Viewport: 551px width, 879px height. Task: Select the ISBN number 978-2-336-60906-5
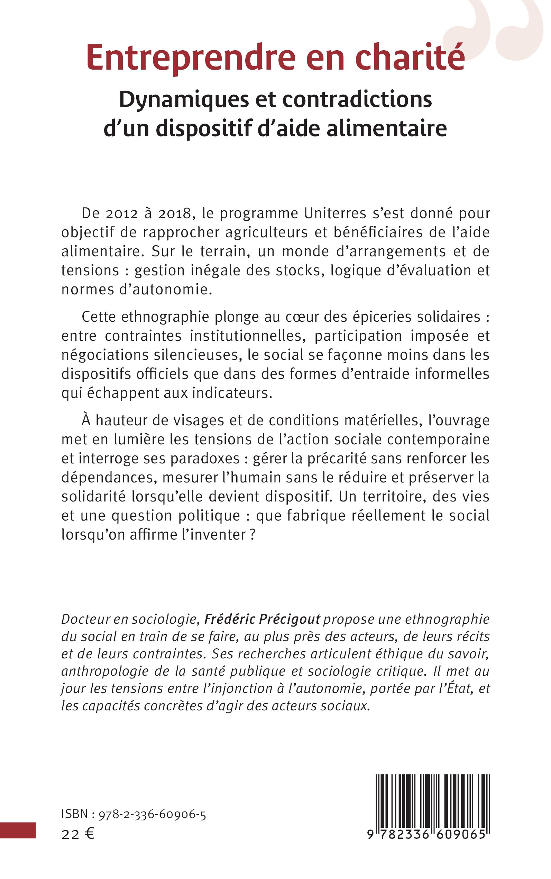point(152,815)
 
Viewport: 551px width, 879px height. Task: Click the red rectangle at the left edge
point(18,830)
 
